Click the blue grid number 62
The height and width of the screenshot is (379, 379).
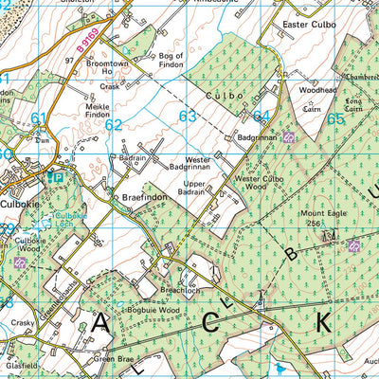(114, 124)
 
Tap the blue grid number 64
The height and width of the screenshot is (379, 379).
(262, 117)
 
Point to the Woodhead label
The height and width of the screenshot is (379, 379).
(316, 89)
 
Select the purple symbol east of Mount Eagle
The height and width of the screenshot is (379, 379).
(353, 246)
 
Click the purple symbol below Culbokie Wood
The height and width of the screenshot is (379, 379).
(8, 262)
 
